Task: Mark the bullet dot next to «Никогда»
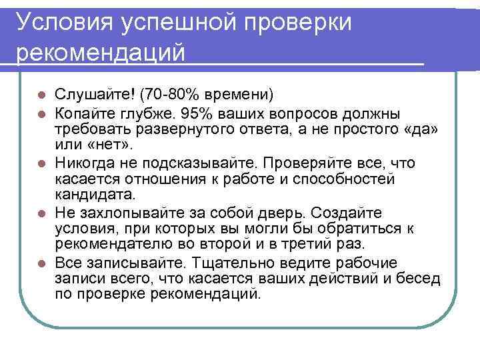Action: [x=42, y=162]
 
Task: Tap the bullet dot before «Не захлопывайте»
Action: [x=42, y=213]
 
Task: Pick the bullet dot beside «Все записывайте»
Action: [x=42, y=263]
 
